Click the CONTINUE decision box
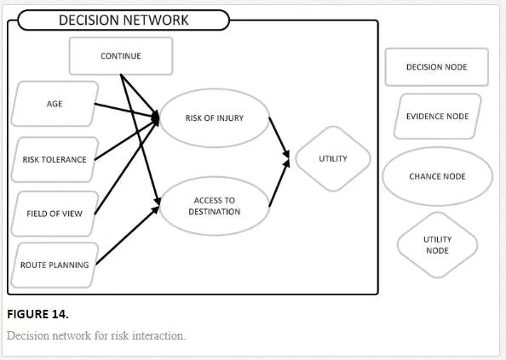tap(121, 56)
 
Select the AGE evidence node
tap(55, 104)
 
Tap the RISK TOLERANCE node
tap(55, 159)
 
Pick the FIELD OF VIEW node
tap(55, 214)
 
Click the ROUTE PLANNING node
tap(55, 265)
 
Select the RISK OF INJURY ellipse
tap(215, 118)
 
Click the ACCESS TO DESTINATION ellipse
tap(215, 206)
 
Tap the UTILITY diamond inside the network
tap(333, 158)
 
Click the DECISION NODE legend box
tap(437, 67)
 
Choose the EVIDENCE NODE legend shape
tap(437, 117)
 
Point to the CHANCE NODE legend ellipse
tap(437, 176)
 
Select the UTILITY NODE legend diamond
tap(437, 245)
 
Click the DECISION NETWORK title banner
tap(124, 20)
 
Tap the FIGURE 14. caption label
tap(37, 314)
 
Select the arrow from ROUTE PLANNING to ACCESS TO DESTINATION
tap(128, 235)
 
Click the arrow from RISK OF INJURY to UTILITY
tap(279, 138)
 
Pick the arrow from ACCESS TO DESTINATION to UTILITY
tap(279, 183)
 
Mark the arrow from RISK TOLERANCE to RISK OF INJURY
tap(127, 140)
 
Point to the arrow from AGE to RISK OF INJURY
tap(127, 111)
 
